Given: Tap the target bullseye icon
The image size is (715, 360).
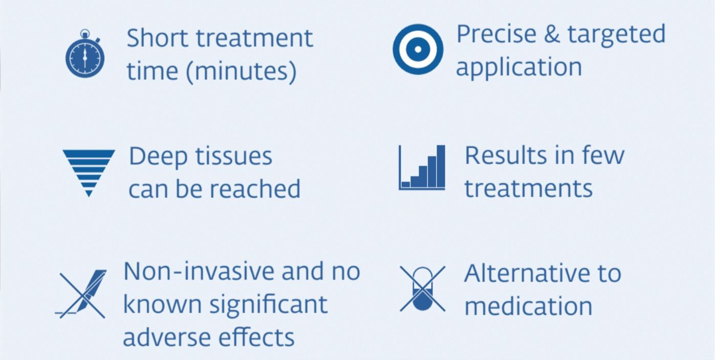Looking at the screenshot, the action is [418, 49].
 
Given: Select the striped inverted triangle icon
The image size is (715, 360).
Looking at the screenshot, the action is [89, 173].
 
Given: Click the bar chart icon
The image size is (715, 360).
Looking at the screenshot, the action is [422, 167].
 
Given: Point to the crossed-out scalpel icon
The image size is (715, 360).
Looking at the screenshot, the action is [81, 294].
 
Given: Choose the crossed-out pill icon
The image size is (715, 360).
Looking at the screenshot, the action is [422, 288].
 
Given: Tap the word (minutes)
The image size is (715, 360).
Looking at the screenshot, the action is [241, 71].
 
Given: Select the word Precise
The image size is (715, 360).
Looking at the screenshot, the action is [496, 34].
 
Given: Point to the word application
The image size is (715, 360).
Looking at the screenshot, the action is [519, 68].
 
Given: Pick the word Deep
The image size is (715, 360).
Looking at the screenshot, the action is [158, 157].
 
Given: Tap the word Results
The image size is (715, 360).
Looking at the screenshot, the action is [505, 156].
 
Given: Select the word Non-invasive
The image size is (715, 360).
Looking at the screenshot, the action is [198, 271].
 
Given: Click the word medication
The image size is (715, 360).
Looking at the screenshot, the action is [528, 307].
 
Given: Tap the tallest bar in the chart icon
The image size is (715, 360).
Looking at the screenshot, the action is [441, 166].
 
